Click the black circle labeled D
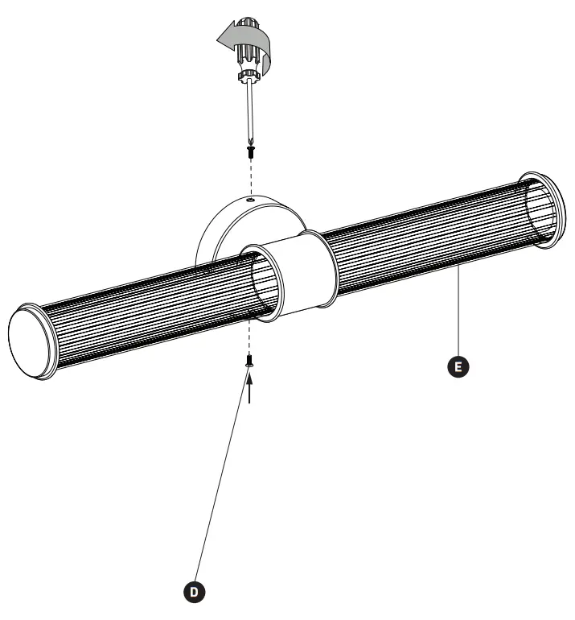[194, 592]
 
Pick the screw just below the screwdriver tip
[252, 150]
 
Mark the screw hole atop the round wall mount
[250, 198]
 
